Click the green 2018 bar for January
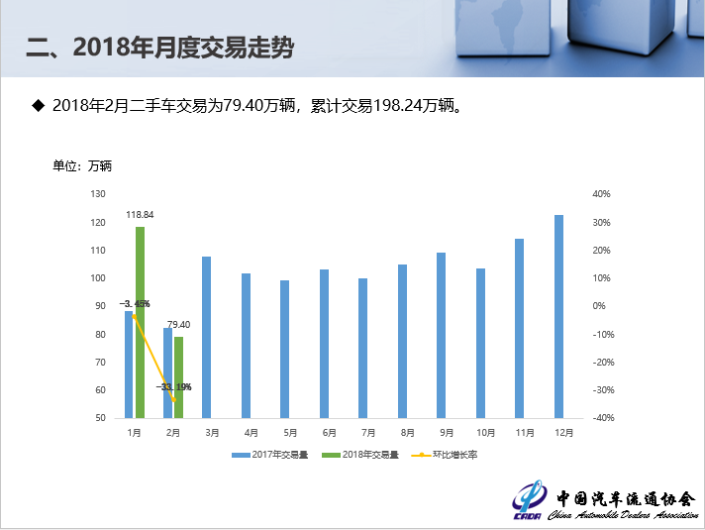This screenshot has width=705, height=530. [x=140, y=322]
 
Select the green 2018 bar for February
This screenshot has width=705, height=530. [x=178, y=377]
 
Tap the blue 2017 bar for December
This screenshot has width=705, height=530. [x=558, y=316]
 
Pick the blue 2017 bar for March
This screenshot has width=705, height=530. [x=207, y=337]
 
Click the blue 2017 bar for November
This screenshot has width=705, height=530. [x=519, y=328]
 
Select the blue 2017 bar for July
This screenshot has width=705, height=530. [x=362, y=348]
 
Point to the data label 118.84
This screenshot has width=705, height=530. [x=140, y=214]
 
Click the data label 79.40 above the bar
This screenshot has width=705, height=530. [x=178, y=324]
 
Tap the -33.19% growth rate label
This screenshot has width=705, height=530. [x=173, y=386]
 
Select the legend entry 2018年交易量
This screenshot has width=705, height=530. [x=364, y=455]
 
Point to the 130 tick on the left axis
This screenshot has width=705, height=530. [x=97, y=194]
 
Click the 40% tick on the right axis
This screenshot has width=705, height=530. [x=600, y=194]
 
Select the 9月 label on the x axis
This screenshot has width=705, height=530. [x=447, y=433]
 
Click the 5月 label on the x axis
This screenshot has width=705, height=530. [x=290, y=433]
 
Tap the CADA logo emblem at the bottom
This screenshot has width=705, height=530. [x=530, y=499]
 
